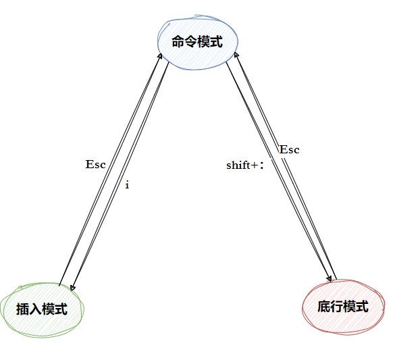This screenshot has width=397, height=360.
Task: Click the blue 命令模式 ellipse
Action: point(198,42)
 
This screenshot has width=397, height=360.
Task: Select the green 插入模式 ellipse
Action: point(42,309)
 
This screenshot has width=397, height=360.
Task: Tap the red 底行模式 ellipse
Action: point(343,307)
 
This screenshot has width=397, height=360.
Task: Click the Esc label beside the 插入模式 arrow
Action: point(95,164)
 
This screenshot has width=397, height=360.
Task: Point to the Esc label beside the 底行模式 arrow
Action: point(289,150)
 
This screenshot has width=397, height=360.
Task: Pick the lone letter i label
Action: point(127,185)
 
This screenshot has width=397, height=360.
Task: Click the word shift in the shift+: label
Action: point(238,165)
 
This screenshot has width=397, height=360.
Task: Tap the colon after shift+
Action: point(262,166)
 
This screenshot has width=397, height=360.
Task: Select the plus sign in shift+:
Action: point(255,165)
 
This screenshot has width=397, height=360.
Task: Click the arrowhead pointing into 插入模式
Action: point(72,287)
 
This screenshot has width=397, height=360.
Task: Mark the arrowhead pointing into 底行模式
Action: point(329,278)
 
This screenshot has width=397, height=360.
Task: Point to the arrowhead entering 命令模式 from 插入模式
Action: point(160,56)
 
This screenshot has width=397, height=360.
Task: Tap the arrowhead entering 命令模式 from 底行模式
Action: point(236,55)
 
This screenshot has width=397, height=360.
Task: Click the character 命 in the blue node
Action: point(178,42)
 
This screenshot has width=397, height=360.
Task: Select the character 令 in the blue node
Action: point(191,42)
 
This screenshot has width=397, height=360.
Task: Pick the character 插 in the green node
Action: point(22,309)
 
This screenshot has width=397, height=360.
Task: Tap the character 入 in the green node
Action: point(35,309)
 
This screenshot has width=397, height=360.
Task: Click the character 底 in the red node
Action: point(324,307)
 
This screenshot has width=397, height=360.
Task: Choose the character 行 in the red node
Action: point(336,307)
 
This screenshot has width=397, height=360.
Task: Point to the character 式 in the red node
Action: point(362,307)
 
